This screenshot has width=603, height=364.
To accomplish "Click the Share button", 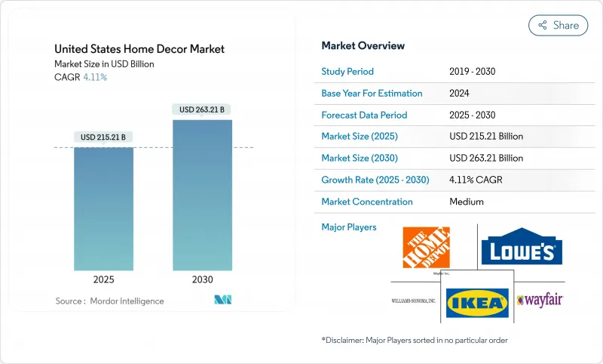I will tap(558, 25).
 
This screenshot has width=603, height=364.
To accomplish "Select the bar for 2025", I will tap(103, 208).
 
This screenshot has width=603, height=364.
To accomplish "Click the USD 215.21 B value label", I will tap(103, 137).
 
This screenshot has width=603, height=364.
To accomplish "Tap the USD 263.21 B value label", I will tap(202, 110).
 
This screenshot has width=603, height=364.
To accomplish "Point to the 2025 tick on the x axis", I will tap(103, 279).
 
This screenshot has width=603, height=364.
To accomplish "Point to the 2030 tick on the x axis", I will tap(202, 279).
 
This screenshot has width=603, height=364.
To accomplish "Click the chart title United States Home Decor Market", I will tap(139, 49).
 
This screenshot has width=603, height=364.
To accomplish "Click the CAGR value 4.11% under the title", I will tap(94, 77).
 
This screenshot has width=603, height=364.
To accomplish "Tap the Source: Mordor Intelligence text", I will tap(109, 301).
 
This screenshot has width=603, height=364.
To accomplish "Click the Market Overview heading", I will tap(363, 45).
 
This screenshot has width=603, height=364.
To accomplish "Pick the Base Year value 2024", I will tap(460, 94).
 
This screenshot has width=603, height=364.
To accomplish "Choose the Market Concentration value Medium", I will tap(466, 202).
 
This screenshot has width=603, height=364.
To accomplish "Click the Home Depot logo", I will tap(426, 247).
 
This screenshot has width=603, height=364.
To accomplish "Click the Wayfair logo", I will tap(540, 300).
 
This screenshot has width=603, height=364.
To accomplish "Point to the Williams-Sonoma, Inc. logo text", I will tap(413, 301).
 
